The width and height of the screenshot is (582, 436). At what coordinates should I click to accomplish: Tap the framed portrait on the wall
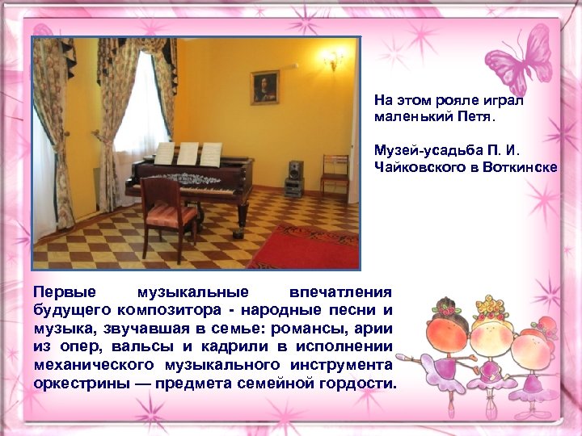(x=264, y=87)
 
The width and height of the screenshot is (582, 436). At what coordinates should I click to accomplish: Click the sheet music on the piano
(x=188, y=153)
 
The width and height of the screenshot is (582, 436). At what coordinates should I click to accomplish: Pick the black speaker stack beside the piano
(x=293, y=178)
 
